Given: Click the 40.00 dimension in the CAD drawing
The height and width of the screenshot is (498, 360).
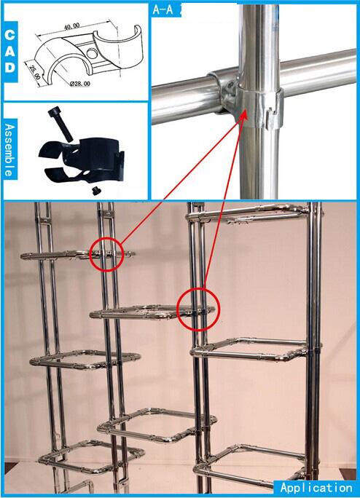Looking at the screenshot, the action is [x=72, y=26].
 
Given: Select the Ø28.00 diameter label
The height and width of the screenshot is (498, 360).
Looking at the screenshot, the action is [x=80, y=84].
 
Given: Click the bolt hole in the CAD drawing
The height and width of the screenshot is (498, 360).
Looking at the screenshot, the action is [x=92, y=53].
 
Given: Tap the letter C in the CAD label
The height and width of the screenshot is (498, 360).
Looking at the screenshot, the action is [x=10, y=35].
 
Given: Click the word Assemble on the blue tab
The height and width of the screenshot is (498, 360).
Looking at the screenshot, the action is [x=10, y=150].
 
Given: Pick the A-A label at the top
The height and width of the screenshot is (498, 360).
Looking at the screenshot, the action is [x=163, y=9].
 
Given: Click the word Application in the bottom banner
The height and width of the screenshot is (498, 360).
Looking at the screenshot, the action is [x=316, y=488].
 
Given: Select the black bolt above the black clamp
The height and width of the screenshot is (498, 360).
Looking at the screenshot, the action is [x=60, y=125].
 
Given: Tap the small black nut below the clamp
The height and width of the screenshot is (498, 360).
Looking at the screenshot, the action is [x=95, y=191].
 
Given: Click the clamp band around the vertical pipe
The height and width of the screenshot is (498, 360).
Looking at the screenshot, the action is [x=259, y=109].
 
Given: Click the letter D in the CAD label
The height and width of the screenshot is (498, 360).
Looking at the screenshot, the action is [x=10, y=67].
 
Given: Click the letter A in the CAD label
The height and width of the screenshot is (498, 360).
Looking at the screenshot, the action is [x=10, y=51].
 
